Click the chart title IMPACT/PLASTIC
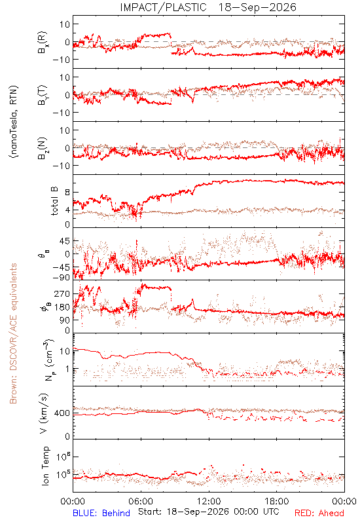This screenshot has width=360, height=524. point(163,7)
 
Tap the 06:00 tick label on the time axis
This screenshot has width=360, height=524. point(141,501)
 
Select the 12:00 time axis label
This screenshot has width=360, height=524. point(209,501)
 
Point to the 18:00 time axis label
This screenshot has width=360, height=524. point(277,501)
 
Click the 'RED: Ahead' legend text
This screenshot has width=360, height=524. point(319,513)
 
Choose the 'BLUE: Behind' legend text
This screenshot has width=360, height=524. point(101,513)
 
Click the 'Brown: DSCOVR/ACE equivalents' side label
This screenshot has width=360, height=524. point(13,333)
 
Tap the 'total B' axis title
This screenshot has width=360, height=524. point(54,201)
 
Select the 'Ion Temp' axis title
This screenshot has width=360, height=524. point(45,466)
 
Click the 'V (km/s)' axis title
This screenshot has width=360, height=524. point(44,413)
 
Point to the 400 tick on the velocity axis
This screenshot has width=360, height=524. point(62,413)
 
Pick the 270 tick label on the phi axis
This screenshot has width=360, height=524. point(62,293)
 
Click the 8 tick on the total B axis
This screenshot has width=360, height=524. point(67,192)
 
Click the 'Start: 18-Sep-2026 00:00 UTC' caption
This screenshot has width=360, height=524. point(209,512)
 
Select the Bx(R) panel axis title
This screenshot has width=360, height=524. point(43,43)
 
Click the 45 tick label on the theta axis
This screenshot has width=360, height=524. point(65,241)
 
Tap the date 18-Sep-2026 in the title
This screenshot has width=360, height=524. point(257,7)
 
